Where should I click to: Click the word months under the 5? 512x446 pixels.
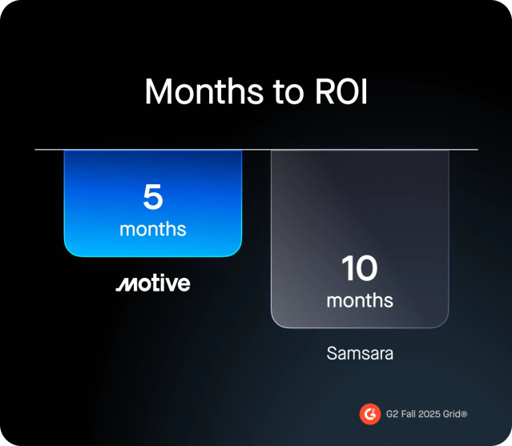point(152,229)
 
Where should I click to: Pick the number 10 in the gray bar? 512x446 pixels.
point(360,269)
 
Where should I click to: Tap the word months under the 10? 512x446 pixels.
point(360,301)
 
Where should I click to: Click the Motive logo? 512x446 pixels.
point(152,283)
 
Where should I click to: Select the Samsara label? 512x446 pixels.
point(360,352)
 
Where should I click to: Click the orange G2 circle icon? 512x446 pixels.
point(369,414)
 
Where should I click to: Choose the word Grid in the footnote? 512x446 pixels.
point(454,414)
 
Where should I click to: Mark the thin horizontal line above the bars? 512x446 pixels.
point(256,150)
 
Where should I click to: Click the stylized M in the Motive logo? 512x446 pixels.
point(125,284)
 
